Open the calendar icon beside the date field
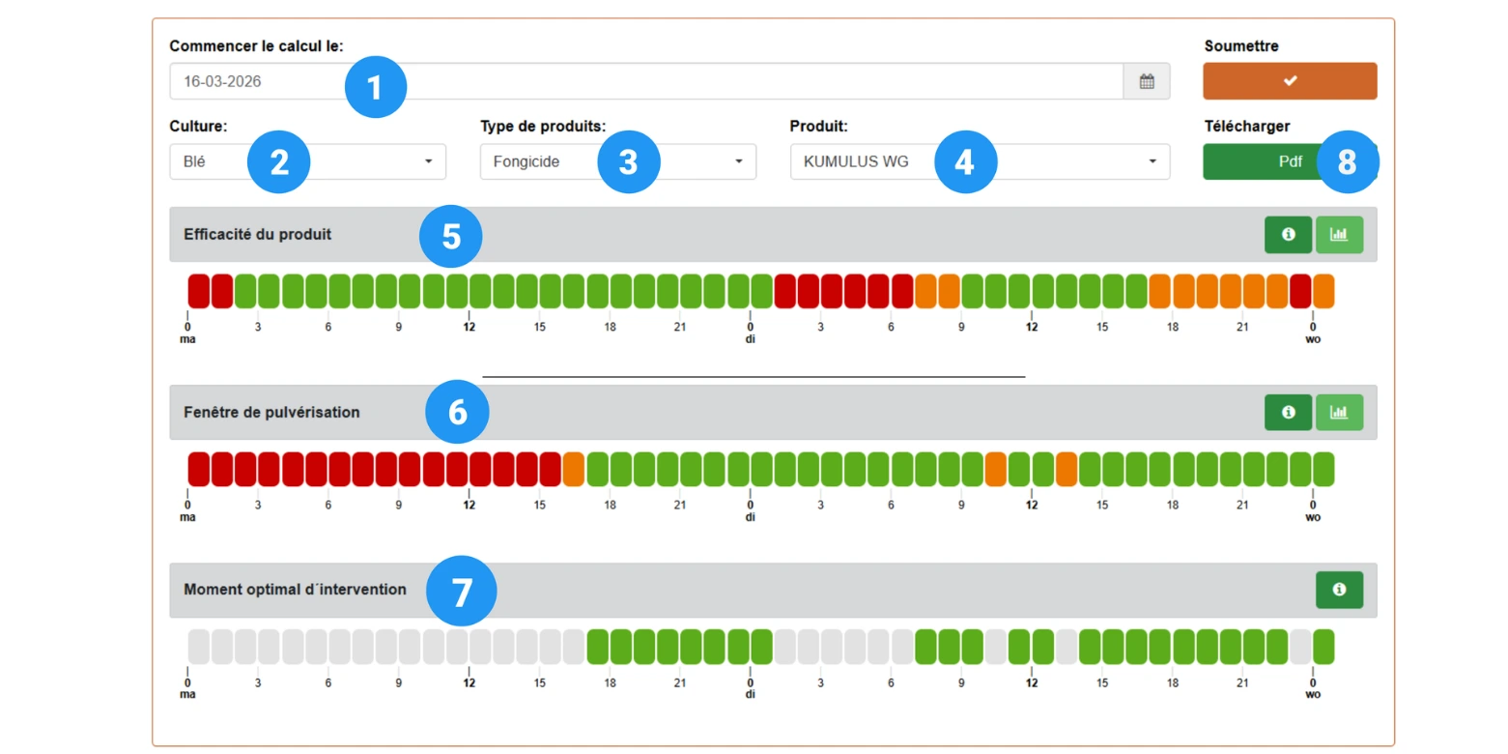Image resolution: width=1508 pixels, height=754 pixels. [x=1147, y=81]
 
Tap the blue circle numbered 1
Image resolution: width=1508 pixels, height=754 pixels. [x=376, y=88]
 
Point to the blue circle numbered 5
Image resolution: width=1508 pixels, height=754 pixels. [x=451, y=236]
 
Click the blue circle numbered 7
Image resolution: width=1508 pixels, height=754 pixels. [x=462, y=592]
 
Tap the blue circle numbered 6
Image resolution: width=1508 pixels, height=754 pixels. [x=457, y=413]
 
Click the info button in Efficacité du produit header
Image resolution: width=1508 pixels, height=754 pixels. [x=1288, y=235]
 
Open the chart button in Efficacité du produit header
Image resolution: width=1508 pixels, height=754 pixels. [x=1339, y=235]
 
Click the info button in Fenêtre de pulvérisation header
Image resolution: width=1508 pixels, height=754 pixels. [x=1288, y=413]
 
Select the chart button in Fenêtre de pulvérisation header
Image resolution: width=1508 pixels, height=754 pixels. [x=1339, y=413]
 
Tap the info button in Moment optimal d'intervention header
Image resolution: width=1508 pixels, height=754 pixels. [x=1339, y=590]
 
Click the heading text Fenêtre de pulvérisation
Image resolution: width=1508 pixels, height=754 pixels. [x=271, y=413]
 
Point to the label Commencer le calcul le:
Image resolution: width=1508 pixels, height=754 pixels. [x=256, y=45]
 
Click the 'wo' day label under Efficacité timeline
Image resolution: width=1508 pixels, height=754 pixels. [x=1313, y=339]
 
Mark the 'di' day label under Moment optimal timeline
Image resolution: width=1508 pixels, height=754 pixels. [x=751, y=694]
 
